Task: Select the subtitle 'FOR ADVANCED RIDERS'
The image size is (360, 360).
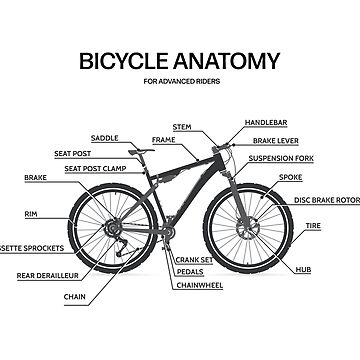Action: [x=180, y=81]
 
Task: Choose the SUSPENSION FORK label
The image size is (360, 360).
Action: [x=284, y=158]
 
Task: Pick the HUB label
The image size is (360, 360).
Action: [x=303, y=269]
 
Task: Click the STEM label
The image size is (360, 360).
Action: [x=182, y=127]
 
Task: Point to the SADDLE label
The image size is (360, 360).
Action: [x=132, y=137]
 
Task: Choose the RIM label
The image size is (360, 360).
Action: [x=32, y=214]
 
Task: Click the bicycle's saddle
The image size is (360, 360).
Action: [x=143, y=150]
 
